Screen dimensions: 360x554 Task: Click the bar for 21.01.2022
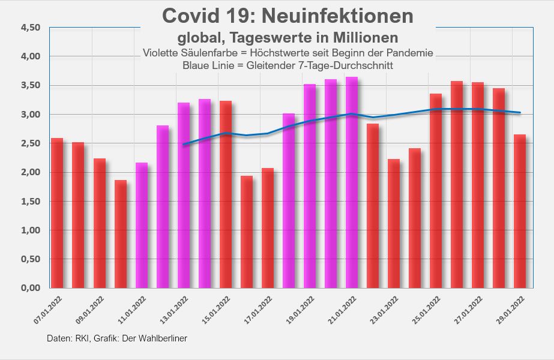(352, 182)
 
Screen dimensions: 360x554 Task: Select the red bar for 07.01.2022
(57, 213)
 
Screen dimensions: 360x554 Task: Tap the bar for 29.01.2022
(520, 211)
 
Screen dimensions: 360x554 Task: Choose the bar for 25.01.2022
(436, 191)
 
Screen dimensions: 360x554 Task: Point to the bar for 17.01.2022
(268, 228)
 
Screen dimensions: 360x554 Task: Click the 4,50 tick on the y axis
(30, 28)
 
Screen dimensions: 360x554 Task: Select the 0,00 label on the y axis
(30, 288)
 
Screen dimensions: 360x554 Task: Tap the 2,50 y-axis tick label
(30, 143)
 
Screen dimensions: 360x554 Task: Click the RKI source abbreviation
(80, 339)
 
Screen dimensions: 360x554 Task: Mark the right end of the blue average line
(520, 112)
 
